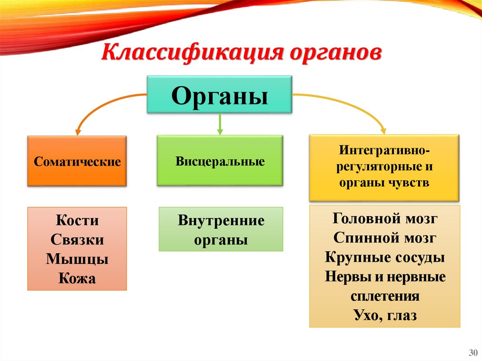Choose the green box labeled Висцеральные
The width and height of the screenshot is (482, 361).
(220, 161)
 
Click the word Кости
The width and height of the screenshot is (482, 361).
(77, 220)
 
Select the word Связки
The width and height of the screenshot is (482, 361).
(77, 240)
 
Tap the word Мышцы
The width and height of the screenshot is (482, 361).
(77, 259)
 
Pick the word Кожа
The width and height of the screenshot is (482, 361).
(77, 278)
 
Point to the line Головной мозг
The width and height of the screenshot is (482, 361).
(385, 218)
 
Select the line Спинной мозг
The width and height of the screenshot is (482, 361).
(385, 238)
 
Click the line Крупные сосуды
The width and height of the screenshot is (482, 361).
(385, 257)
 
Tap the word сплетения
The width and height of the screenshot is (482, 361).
(385, 296)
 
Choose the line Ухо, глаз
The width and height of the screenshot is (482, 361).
(385, 315)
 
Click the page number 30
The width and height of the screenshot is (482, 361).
(472, 353)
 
